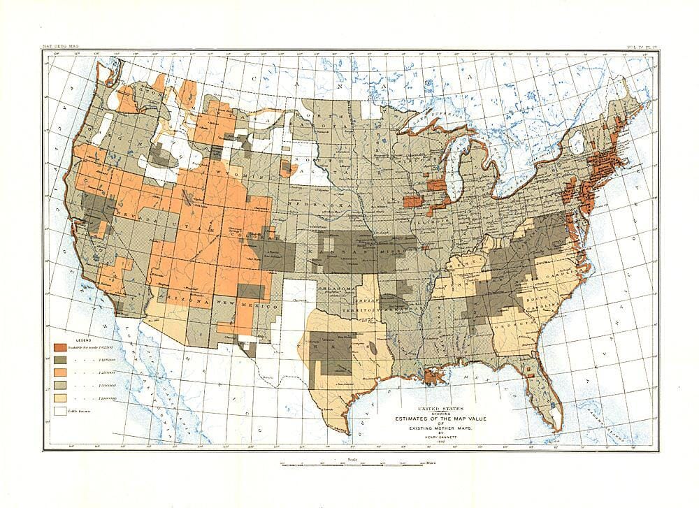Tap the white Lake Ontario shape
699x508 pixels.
(x=580, y=147)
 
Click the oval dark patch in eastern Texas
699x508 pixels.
(x=376, y=347)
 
